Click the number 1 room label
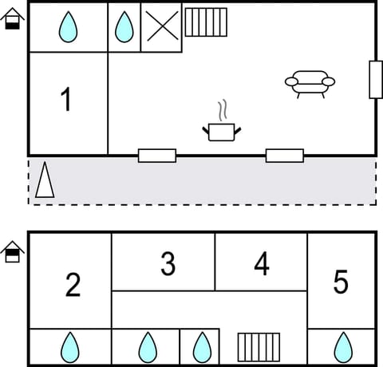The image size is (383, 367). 66,101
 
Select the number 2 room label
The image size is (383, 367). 73,285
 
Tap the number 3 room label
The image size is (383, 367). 168,264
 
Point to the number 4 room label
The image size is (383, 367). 262,264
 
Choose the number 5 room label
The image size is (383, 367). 341,282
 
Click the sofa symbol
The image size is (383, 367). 310,82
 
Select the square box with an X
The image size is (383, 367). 161,27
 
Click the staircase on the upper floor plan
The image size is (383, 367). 206,22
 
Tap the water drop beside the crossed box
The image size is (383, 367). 124,27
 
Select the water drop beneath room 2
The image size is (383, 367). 70,347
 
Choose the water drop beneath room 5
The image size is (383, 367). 342,347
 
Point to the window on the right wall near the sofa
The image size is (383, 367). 376,80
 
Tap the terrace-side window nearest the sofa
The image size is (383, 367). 284,155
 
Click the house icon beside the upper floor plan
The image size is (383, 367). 12,20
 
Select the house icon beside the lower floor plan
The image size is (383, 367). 12,252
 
